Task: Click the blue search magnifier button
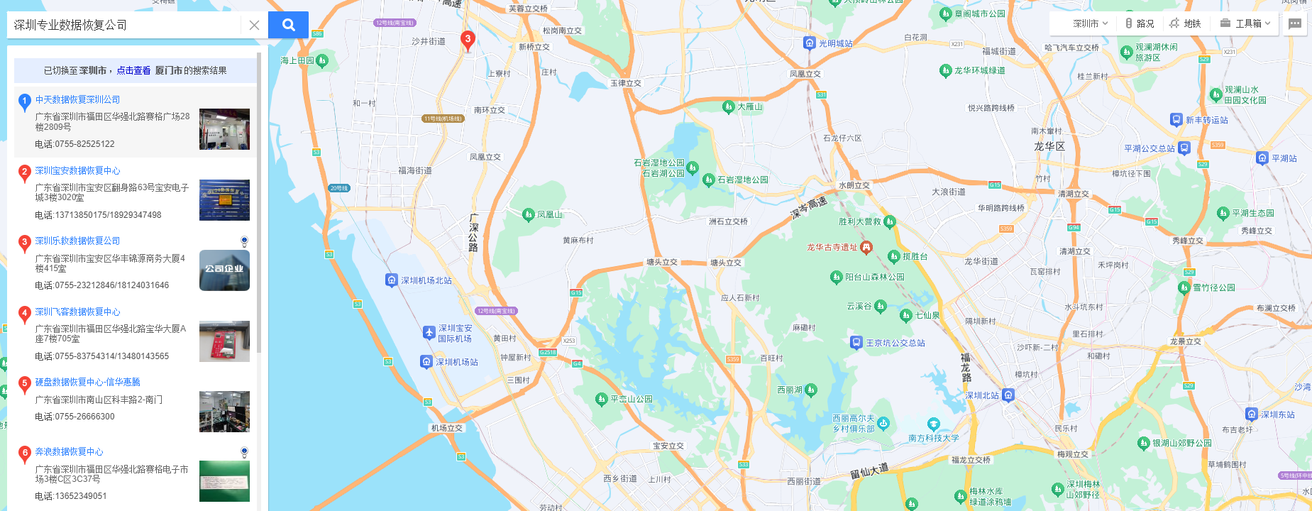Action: coord(288,25)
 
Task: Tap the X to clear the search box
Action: coord(254,25)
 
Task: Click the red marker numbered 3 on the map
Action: coord(468,40)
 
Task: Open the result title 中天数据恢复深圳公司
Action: coord(77,100)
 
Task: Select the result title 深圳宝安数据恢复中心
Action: coord(77,171)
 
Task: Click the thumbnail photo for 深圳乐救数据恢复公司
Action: coord(224,270)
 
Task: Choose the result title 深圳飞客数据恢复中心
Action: coord(77,312)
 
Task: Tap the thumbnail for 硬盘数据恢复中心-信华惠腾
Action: coord(224,412)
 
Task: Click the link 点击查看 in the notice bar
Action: coord(133,71)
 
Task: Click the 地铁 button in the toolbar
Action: coord(1186,23)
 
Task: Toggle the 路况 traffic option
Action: coord(1140,23)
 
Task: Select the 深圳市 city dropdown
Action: coord(1090,23)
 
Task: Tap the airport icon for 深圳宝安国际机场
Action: coord(429,332)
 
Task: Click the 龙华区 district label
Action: coord(1049,146)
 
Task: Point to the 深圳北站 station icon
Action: coord(1008,395)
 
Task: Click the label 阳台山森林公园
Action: coord(874,278)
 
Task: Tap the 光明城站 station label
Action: coord(835,44)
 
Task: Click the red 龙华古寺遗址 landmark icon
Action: coord(866,248)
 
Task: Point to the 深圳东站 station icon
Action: coord(1252,414)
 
